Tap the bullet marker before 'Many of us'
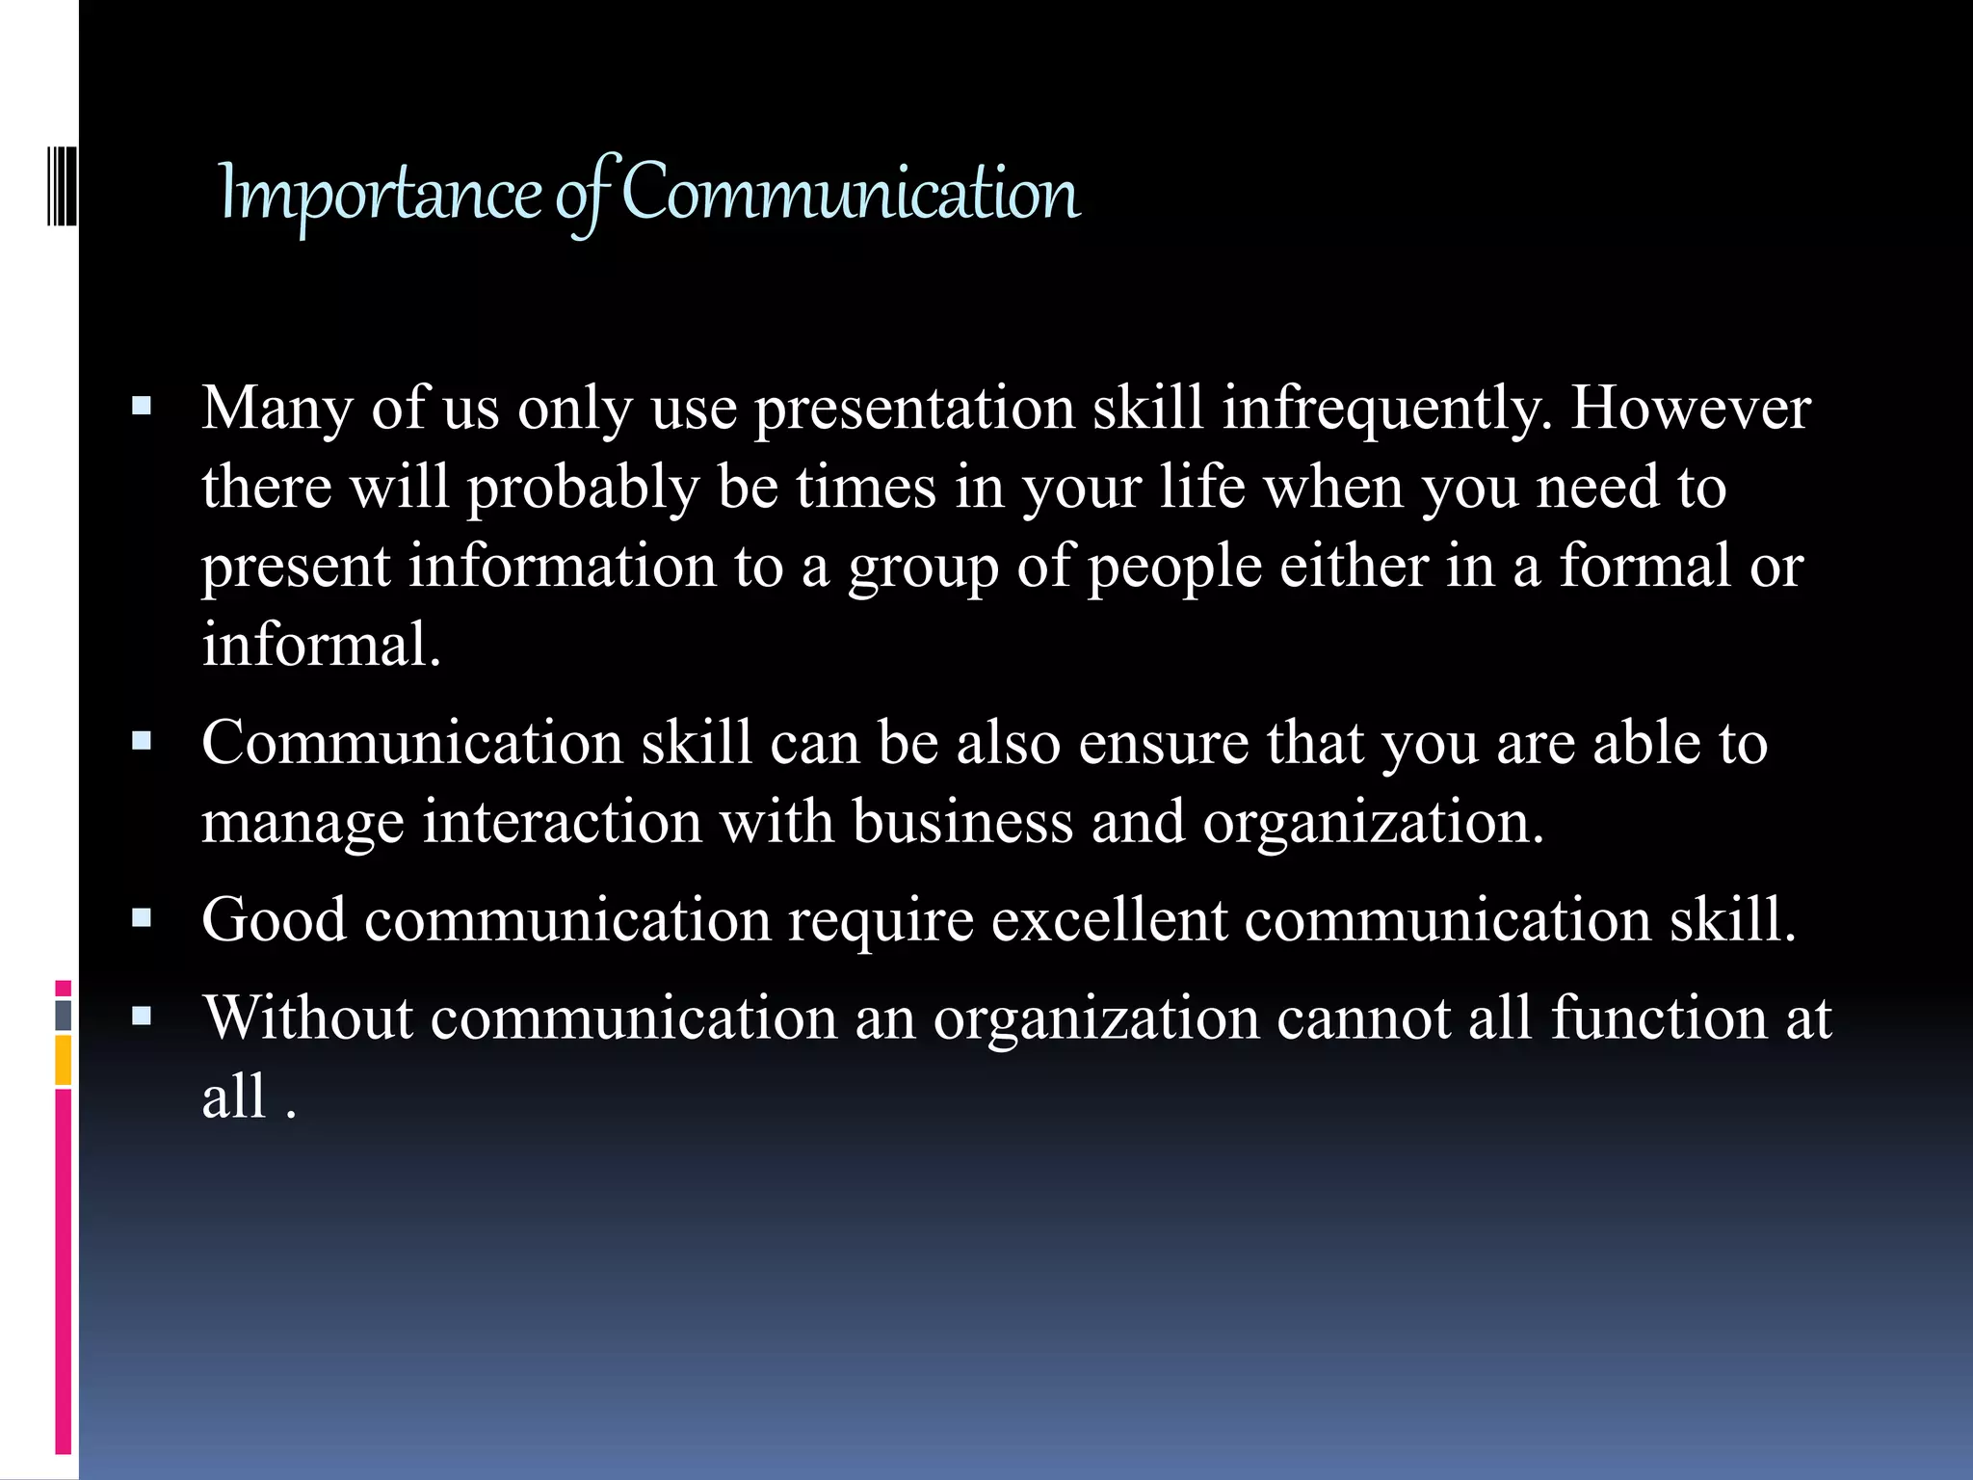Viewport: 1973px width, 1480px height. (142, 407)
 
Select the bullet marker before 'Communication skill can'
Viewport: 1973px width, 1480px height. (142, 742)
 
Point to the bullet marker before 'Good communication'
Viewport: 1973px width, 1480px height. (142, 918)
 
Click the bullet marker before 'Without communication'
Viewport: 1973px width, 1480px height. (142, 1016)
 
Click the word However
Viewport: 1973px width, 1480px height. (1691, 409)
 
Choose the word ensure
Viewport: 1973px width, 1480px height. (1163, 745)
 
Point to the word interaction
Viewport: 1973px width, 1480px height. (563, 823)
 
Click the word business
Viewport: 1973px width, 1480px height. (962, 823)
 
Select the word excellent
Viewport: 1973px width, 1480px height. (1109, 919)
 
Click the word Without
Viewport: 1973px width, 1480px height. (308, 1017)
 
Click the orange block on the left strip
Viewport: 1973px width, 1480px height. (64, 1060)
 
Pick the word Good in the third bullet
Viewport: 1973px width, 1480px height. (274, 919)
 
